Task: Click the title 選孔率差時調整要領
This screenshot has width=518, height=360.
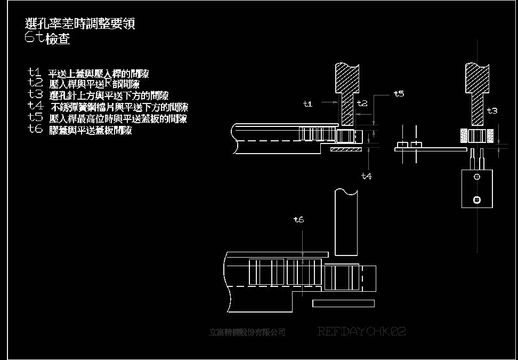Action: point(80,24)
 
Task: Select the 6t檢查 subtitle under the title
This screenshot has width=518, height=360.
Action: point(47,39)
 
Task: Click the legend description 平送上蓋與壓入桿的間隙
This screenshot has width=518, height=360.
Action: point(99,74)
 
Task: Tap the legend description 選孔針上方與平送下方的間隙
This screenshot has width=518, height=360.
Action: point(109,96)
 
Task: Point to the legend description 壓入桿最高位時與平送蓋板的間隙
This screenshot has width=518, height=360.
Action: point(117,119)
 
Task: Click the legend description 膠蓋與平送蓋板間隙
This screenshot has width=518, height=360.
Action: point(90,130)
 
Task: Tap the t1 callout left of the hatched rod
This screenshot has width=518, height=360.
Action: point(307,104)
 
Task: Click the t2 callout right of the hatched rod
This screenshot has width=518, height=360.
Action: point(362,103)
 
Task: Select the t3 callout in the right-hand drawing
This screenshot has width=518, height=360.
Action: point(492,111)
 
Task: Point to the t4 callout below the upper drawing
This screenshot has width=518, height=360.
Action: point(366,175)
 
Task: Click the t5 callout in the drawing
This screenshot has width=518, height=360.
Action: point(399,93)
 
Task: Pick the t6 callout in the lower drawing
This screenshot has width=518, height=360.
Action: point(298,219)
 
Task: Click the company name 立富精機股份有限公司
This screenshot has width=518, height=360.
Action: point(247,332)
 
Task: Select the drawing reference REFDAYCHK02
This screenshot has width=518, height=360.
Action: point(362,332)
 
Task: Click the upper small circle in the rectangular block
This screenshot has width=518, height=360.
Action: point(477,177)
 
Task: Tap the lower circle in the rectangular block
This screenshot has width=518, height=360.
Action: point(477,199)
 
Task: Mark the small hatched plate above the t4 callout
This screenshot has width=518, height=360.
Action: point(345,149)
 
